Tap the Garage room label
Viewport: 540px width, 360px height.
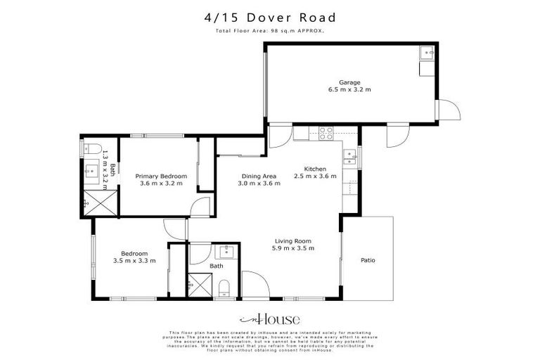tap(349, 82)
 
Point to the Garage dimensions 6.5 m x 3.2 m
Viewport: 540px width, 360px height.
tap(349, 90)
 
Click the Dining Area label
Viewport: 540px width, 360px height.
tap(259, 176)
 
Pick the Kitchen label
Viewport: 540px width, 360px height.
tap(314, 169)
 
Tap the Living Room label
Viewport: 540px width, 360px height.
tap(293, 240)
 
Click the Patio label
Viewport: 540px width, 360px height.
tap(368, 261)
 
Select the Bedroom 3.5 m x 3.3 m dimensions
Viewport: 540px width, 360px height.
tap(134, 261)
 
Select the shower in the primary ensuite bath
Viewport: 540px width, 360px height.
tap(91, 203)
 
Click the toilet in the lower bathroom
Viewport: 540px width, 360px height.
tap(224, 287)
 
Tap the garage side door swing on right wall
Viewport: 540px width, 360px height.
tap(447, 110)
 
